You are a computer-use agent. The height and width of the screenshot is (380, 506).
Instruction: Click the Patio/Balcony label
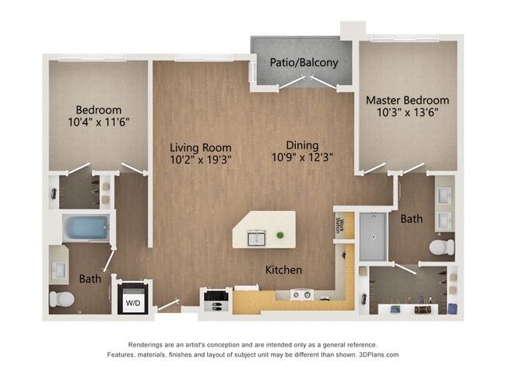(x=304, y=62)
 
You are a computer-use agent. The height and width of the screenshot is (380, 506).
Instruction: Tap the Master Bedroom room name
(x=407, y=100)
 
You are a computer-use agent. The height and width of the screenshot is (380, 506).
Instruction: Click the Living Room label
(x=201, y=147)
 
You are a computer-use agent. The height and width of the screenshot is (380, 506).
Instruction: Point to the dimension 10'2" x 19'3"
(x=201, y=160)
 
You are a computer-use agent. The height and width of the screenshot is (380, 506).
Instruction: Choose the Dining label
(x=301, y=145)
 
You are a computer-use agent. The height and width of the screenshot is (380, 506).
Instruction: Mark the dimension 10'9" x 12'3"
(x=301, y=158)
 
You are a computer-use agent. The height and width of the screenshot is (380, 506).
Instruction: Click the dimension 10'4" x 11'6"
(x=99, y=123)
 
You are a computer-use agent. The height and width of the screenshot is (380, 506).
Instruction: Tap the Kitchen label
(x=283, y=270)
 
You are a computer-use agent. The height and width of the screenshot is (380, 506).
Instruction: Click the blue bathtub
(x=87, y=229)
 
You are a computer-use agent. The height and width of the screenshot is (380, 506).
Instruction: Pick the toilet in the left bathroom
(x=61, y=297)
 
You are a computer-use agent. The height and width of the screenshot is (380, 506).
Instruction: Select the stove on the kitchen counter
(x=302, y=294)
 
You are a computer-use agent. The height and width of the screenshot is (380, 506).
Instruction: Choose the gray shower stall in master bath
(x=372, y=235)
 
